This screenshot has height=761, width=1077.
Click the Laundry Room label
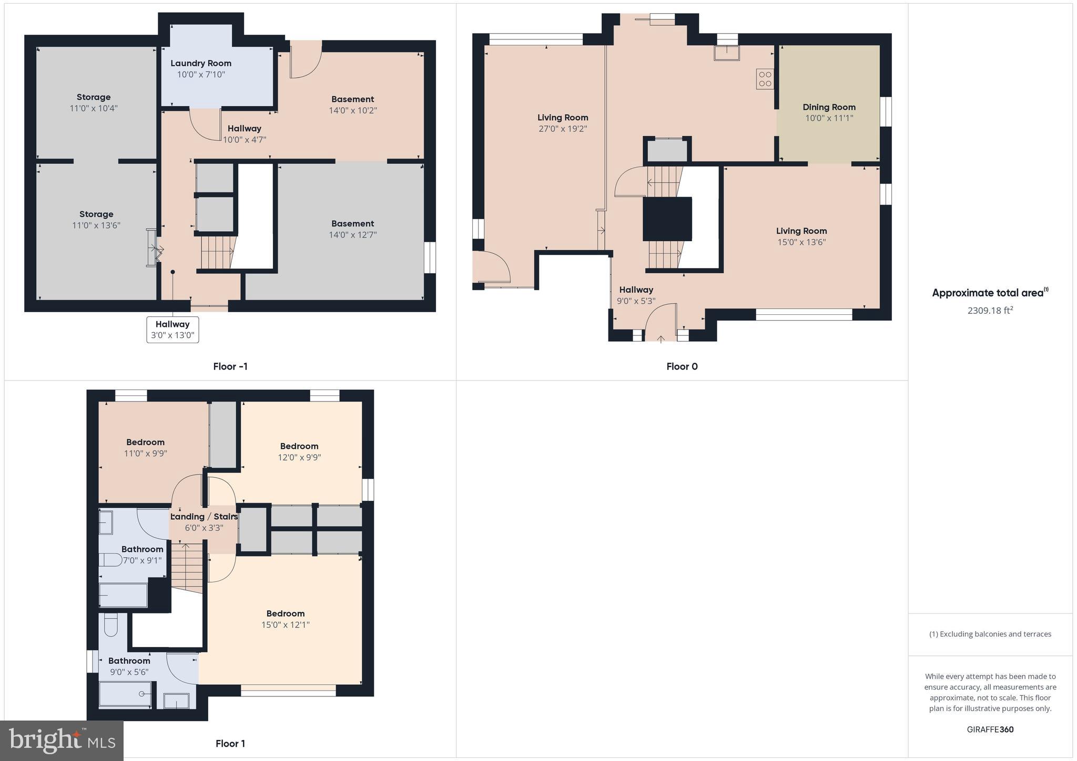click(x=201, y=63)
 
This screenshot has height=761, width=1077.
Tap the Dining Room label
click(x=829, y=107)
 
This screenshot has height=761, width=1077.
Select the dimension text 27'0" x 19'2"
click(x=563, y=129)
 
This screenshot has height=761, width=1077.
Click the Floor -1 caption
click(x=230, y=366)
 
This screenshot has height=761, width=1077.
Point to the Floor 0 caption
click(x=682, y=366)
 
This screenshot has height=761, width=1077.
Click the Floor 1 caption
click(x=230, y=743)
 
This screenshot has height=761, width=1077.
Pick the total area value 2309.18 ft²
click(x=990, y=310)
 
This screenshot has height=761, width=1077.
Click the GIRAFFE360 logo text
click(x=990, y=729)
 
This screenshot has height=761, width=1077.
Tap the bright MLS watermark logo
click(x=62, y=741)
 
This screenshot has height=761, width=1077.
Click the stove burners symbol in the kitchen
click(x=765, y=79)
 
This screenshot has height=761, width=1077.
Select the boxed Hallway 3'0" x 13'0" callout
click(x=172, y=330)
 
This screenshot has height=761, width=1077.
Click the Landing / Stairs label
click(x=204, y=517)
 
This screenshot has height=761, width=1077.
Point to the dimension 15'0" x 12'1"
click(x=286, y=625)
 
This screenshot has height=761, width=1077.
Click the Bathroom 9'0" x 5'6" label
click(x=129, y=666)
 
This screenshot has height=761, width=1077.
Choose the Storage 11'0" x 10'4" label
click(x=94, y=102)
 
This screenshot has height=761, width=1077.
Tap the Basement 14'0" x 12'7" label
click(x=352, y=229)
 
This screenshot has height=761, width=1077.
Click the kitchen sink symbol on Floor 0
click(x=726, y=53)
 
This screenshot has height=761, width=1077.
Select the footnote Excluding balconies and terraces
click(x=990, y=634)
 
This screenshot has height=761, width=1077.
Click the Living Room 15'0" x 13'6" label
click(x=801, y=236)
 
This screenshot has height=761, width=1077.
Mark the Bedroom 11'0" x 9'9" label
click(x=145, y=448)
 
